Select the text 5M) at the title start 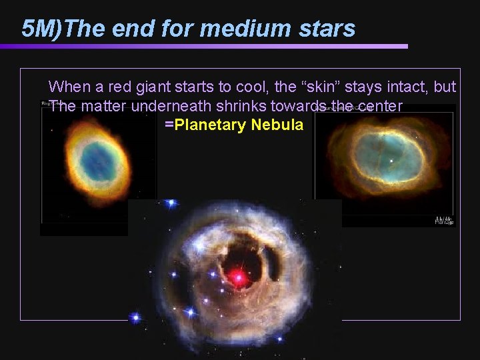pos(43,29)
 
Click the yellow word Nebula pos(276,125)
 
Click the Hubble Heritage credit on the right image pos(443,220)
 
